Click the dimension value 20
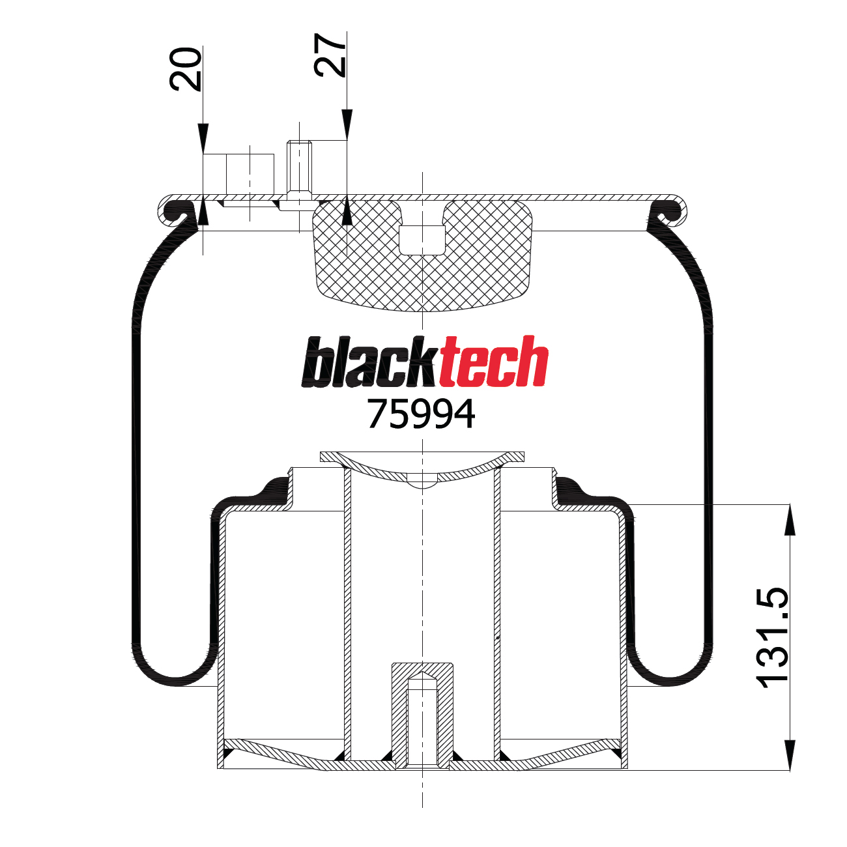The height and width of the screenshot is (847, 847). [186, 69]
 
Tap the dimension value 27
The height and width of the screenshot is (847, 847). [330, 55]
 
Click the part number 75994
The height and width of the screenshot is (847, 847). [422, 414]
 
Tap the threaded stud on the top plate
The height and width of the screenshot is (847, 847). [299, 171]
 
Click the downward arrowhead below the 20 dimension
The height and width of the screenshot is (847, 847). [203, 139]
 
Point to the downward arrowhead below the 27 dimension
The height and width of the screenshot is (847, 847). [347, 124]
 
